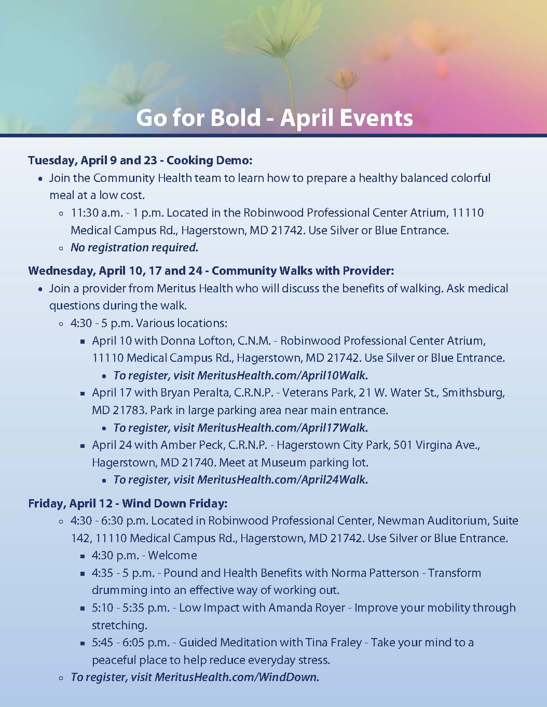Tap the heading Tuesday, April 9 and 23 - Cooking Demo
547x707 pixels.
[x=140, y=160]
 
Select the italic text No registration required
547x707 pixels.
[x=134, y=247]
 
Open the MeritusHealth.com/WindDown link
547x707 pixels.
[x=237, y=677]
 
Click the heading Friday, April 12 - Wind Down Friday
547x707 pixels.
[x=128, y=503]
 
